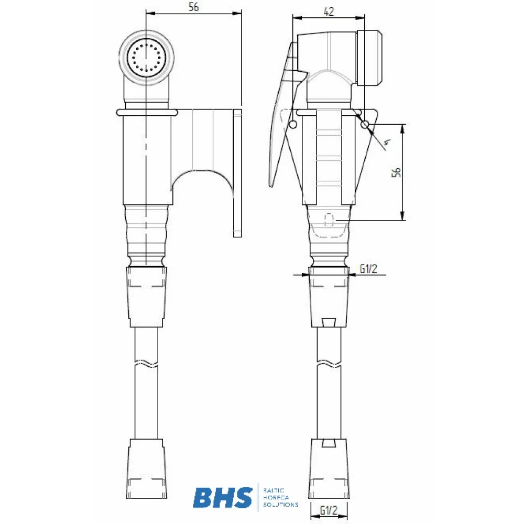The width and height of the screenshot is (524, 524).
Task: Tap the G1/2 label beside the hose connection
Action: point(368,269)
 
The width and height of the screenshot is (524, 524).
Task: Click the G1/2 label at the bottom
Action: point(329,509)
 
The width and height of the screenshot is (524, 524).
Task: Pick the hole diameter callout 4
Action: point(387,141)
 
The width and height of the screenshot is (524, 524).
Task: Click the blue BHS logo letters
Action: point(222,498)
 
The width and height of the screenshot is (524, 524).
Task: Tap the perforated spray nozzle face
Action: point(146,59)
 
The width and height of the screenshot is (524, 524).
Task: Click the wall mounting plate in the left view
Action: point(237,173)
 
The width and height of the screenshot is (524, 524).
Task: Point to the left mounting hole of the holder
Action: point(293,124)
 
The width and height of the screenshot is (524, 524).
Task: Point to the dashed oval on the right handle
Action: point(329,220)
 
